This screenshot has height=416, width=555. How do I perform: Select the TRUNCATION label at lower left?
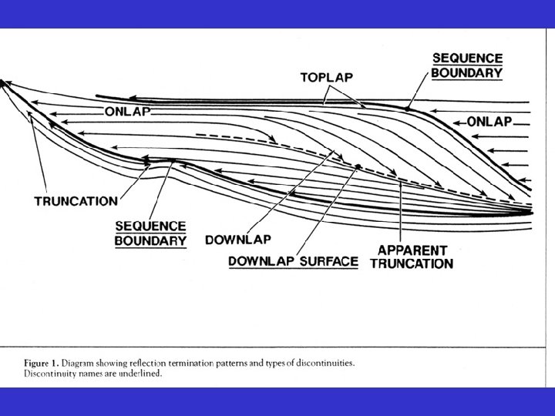[x=76, y=201]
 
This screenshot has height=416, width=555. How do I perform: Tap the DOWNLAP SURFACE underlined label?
[x=293, y=261]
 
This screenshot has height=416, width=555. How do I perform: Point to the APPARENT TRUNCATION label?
[x=415, y=257]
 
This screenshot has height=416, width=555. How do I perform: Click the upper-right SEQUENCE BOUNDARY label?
[x=466, y=66]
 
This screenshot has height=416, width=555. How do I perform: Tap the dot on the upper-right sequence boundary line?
[x=406, y=109]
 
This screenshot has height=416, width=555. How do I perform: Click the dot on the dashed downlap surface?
[x=358, y=166]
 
